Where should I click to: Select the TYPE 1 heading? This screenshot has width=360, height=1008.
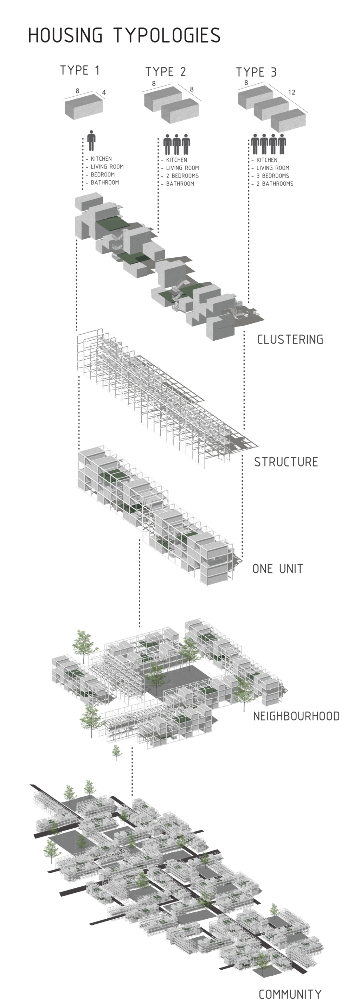click(79, 70)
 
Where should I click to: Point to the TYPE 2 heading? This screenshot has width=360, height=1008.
click(166, 72)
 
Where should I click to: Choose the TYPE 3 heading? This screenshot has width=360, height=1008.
click(256, 72)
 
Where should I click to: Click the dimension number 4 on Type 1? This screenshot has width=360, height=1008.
click(104, 93)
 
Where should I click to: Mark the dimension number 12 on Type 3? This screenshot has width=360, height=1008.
click(291, 93)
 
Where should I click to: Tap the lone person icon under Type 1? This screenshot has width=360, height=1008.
click(91, 141)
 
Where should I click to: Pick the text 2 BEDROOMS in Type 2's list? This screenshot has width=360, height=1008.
click(182, 176)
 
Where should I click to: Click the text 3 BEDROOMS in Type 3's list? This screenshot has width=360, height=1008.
click(273, 176)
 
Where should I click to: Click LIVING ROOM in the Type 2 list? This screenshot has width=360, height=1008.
click(182, 168)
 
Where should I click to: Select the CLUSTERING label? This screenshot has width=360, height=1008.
click(290, 339)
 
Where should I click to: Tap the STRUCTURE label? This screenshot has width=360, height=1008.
click(286, 462)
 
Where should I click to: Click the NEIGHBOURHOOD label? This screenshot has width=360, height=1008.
click(296, 717)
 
